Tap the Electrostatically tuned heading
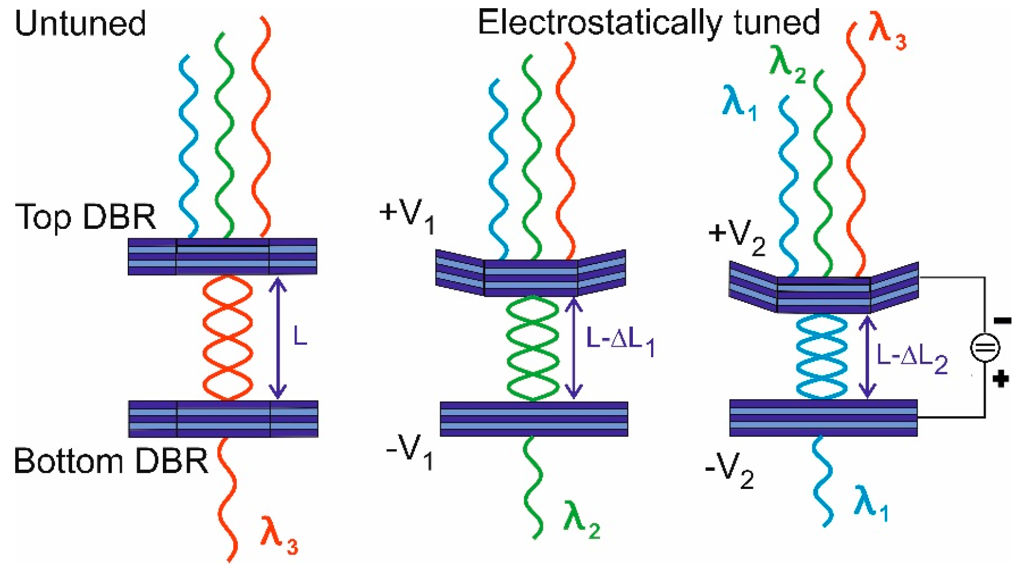click(648, 23)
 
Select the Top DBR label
click(86, 217)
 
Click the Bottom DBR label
click(111, 461)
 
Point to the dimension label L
click(299, 337)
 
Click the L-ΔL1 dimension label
click(619, 340)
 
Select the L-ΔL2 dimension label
click(911, 357)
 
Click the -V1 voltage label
click(410, 451)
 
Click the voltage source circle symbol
click(985, 347)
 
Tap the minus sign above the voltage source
click(1003, 320)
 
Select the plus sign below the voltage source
click(1001, 379)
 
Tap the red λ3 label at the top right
click(887, 32)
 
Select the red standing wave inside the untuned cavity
click(227, 338)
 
